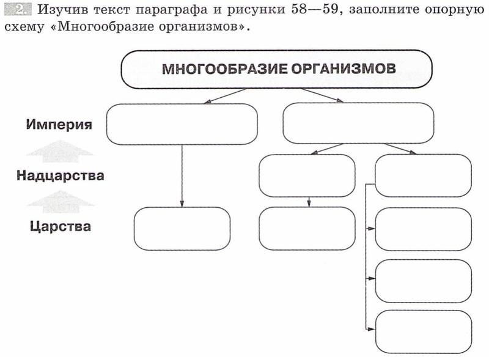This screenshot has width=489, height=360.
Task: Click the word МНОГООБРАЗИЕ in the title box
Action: point(224,68)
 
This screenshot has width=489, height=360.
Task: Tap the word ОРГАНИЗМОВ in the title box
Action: point(344,68)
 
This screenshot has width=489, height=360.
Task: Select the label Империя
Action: point(59,125)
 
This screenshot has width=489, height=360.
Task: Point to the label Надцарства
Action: point(60,175)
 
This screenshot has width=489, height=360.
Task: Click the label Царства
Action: point(61,226)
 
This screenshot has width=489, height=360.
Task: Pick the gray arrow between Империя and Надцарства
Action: point(60,151)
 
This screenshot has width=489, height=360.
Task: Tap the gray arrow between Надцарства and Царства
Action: point(61,202)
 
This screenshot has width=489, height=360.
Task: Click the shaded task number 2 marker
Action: point(18,9)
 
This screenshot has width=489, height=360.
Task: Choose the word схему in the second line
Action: point(24,28)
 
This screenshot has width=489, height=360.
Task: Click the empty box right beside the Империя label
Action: point(182,124)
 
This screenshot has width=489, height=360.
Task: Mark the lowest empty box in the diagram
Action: point(424,332)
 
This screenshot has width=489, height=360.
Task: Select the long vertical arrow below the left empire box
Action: point(182,176)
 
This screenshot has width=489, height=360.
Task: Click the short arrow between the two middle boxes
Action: point(309,202)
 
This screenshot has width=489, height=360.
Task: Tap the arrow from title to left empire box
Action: point(225,96)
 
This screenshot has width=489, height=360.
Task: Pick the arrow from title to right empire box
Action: point(323,95)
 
